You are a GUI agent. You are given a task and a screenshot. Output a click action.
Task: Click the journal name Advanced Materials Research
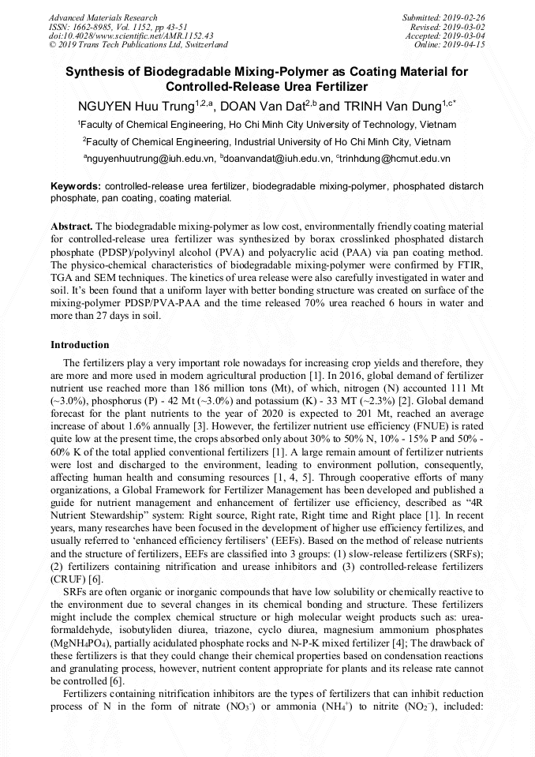point(103,17)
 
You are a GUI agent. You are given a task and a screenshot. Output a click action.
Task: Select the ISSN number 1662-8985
point(99,27)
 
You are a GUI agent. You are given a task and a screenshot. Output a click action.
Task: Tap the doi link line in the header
point(131,36)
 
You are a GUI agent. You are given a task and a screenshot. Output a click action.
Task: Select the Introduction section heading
point(80,345)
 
